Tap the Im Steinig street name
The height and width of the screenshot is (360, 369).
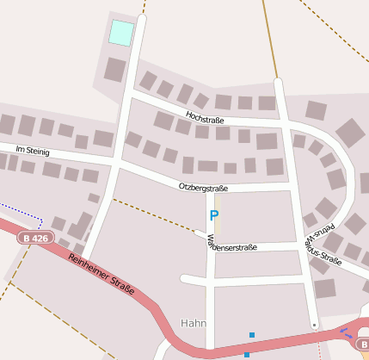point(33,152)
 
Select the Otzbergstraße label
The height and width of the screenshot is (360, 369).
point(203,187)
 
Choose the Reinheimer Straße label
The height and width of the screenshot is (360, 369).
point(101,274)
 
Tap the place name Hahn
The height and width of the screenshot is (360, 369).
point(194,323)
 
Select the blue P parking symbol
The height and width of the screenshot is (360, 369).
point(214,215)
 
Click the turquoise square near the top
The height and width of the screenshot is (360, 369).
point(121,34)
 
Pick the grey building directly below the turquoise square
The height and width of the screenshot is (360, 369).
point(115,70)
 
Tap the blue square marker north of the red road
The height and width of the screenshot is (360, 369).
point(252,334)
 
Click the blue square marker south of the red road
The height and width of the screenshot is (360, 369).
point(247,354)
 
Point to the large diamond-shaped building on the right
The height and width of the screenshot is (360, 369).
point(350,133)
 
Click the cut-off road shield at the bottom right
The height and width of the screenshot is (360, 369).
point(363,344)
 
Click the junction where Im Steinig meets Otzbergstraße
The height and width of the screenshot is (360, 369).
point(116,162)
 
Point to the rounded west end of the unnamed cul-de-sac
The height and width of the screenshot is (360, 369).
point(184,278)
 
